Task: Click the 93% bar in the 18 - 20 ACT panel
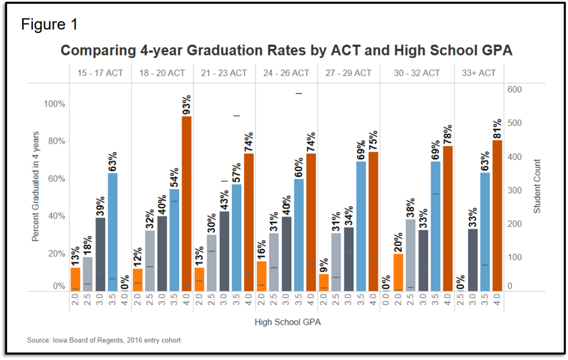[x=187, y=204]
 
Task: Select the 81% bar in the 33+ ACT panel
[x=497, y=216]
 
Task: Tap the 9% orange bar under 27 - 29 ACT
[x=323, y=283]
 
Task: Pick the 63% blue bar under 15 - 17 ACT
[x=113, y=232]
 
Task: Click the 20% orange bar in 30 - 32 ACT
[x=398, y=272]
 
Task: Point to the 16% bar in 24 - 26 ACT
[x=261, y=276]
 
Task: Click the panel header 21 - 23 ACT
[x=224, y=73]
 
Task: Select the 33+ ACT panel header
[x=479, y=73]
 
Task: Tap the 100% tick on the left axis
[x=54, y=104]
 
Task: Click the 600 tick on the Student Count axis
[x=514, y=90]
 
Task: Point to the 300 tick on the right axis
[x=514, y=190]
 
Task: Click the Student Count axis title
[x=537, y=186]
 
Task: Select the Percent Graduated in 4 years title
[x=36, y=186]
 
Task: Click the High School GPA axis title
[x=287, y=322]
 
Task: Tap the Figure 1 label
[x=49, y=25]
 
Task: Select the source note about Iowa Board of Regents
[x=104, y=340]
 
